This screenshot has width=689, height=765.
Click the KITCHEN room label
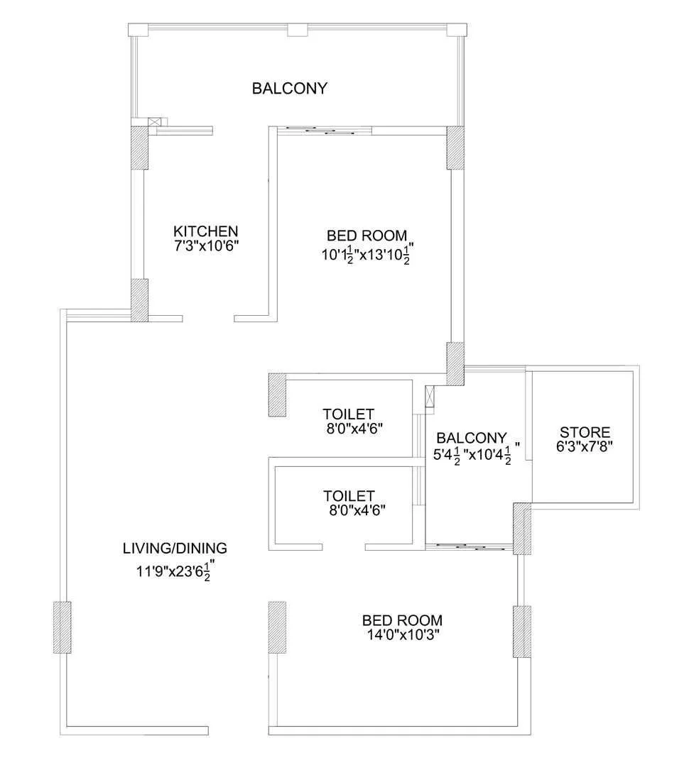(206, 231)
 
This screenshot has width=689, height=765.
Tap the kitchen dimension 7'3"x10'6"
(206, 245)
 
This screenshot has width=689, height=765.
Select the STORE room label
(585, 432)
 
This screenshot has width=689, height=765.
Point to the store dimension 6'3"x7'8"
(585, 446)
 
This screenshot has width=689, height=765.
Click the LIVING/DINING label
(175, 548)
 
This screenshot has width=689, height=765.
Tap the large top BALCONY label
(290, 89)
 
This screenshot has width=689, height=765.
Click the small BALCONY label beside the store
(472, 438)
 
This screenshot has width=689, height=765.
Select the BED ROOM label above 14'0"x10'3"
(402, 620)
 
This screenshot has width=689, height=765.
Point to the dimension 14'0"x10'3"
(402, 634)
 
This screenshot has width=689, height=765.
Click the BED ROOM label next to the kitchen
(367, 236)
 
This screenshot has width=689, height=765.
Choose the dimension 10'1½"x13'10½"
(367, 254)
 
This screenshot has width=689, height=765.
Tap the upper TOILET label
(348, 414)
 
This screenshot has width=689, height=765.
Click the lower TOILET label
(348, 495)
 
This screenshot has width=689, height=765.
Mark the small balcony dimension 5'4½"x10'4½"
(477, 453)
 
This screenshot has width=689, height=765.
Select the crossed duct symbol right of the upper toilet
(428, 397)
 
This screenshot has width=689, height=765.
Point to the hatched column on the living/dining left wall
(63, 627)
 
